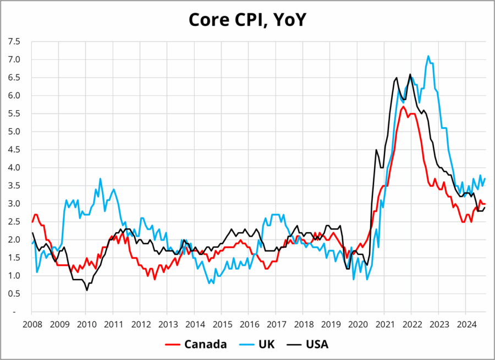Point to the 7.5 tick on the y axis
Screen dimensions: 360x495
(x=14, y=41)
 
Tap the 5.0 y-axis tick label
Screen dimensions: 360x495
(x=14, y=132)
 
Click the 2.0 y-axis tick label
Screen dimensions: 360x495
(x=14, y=239)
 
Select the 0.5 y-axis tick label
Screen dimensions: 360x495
(x=14, y=293)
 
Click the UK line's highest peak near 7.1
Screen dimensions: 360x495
(x=428, y=56)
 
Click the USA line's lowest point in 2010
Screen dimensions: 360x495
(x=87, y=290)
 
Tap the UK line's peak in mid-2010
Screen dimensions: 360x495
(x=100, y=178)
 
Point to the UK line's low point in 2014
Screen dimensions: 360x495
(x=210, y=283)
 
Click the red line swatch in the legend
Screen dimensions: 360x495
(x=173, y=345)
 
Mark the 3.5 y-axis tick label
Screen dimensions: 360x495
(x=14, y=186)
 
